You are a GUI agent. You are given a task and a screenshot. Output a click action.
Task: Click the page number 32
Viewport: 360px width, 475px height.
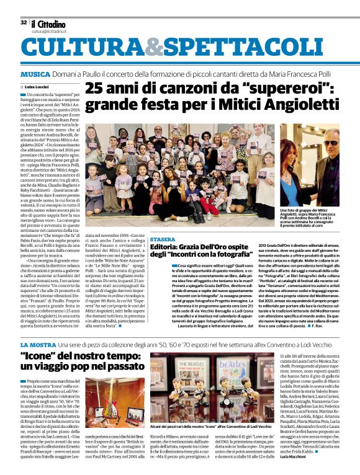(x=24, y=23)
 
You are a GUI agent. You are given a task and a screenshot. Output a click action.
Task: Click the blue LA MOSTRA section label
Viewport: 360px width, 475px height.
(x=38, y=344)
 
